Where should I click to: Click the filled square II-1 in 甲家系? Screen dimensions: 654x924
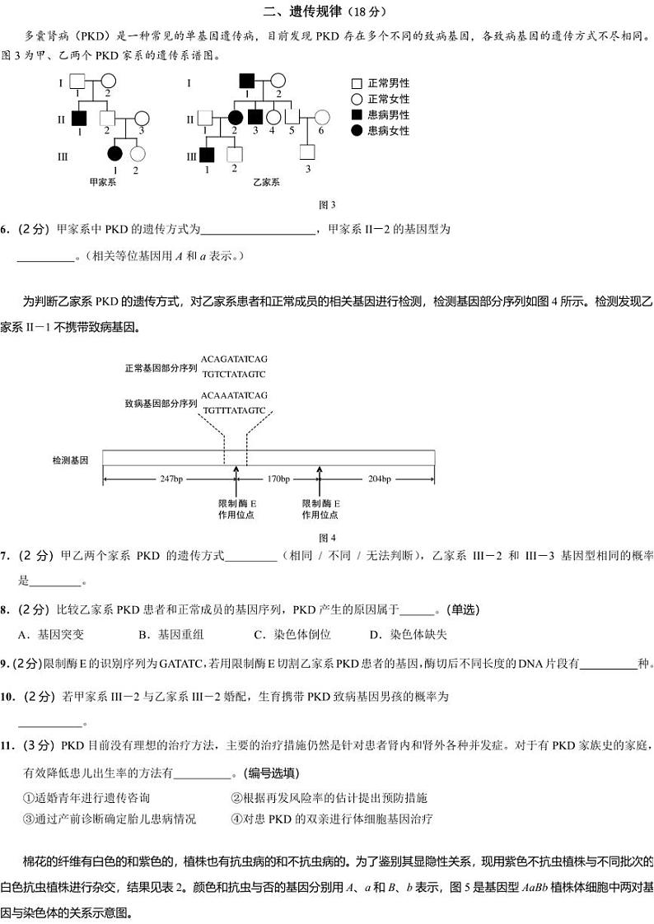coord(79,118)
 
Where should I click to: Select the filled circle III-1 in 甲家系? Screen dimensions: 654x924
coord(114,153)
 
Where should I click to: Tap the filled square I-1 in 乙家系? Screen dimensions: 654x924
coord(245,82)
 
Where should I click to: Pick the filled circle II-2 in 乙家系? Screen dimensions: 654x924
coord(235,118)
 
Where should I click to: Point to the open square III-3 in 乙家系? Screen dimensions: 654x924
coord(307,152)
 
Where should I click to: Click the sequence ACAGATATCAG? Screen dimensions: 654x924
coord(234,359)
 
